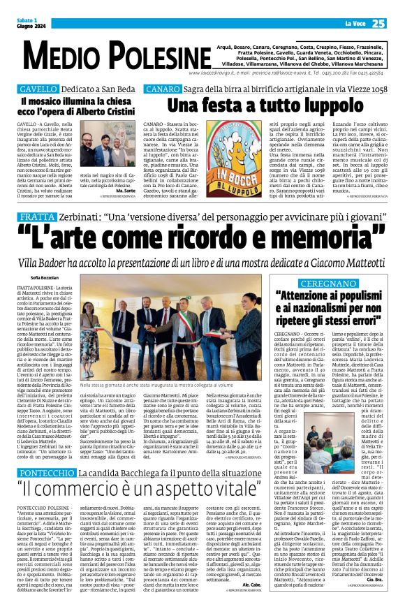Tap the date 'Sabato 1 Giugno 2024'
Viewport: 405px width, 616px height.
(31, 24)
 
